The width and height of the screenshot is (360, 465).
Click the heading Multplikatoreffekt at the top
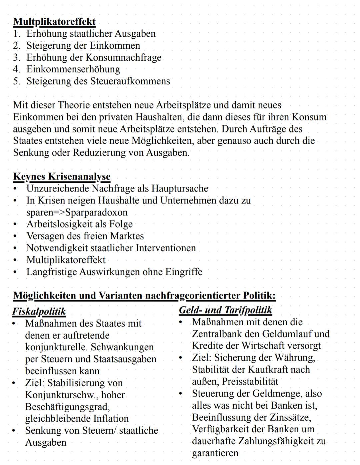(x=54, y=22)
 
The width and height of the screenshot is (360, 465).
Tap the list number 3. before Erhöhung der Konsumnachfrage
(x=17, y=57)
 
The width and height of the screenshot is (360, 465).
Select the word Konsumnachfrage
(x=123, y=57)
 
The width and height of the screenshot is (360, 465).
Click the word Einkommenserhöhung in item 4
(x=73, y=69)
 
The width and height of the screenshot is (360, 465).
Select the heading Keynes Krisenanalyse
(x=62, y=176)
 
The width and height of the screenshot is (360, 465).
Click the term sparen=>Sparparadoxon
(x=77, y=212)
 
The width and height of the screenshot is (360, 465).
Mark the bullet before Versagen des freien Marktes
(x=15, y=236)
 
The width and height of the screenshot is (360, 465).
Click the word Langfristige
(x=52, y=272)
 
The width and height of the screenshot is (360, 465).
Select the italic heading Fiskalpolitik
(x=39, y=312)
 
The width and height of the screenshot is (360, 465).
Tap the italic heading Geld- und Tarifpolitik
(x=225, y=310)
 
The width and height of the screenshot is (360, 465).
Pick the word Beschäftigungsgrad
(x=67, y=407)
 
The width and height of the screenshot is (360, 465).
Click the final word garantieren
(x=215, y=453)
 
